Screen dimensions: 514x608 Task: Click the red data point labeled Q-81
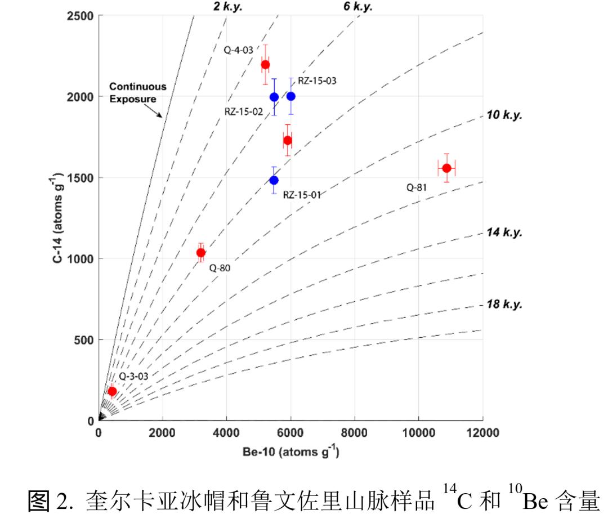[x=446, y=168]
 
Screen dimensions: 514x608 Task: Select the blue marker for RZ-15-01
[x=274, y=180]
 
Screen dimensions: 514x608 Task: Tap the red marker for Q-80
[x=200, y=252]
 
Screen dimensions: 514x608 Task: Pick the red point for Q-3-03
[x=112, y=391]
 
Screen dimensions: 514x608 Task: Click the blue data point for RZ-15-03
[x=291, y=96]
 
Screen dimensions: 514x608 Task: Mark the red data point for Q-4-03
[x=265, y=64]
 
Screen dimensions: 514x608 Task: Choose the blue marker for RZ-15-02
[x=274, y=97]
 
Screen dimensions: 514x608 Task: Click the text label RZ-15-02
[x=244, y=111]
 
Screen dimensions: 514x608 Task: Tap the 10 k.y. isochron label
[x=504, y=115]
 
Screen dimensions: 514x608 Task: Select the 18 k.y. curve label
[x=504, y=305]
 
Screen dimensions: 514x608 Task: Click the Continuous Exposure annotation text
[x=137, y=92]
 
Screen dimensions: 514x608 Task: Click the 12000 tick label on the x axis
[x=482, y=432]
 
